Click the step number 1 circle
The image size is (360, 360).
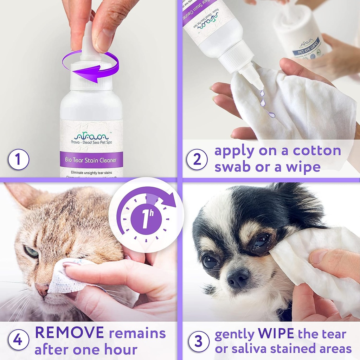coord(19,159)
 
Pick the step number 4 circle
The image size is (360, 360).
coord(19,341)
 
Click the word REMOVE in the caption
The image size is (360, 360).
coord(69,333)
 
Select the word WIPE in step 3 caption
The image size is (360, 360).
coord(277,333)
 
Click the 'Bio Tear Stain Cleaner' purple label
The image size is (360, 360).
coord(91,160)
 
